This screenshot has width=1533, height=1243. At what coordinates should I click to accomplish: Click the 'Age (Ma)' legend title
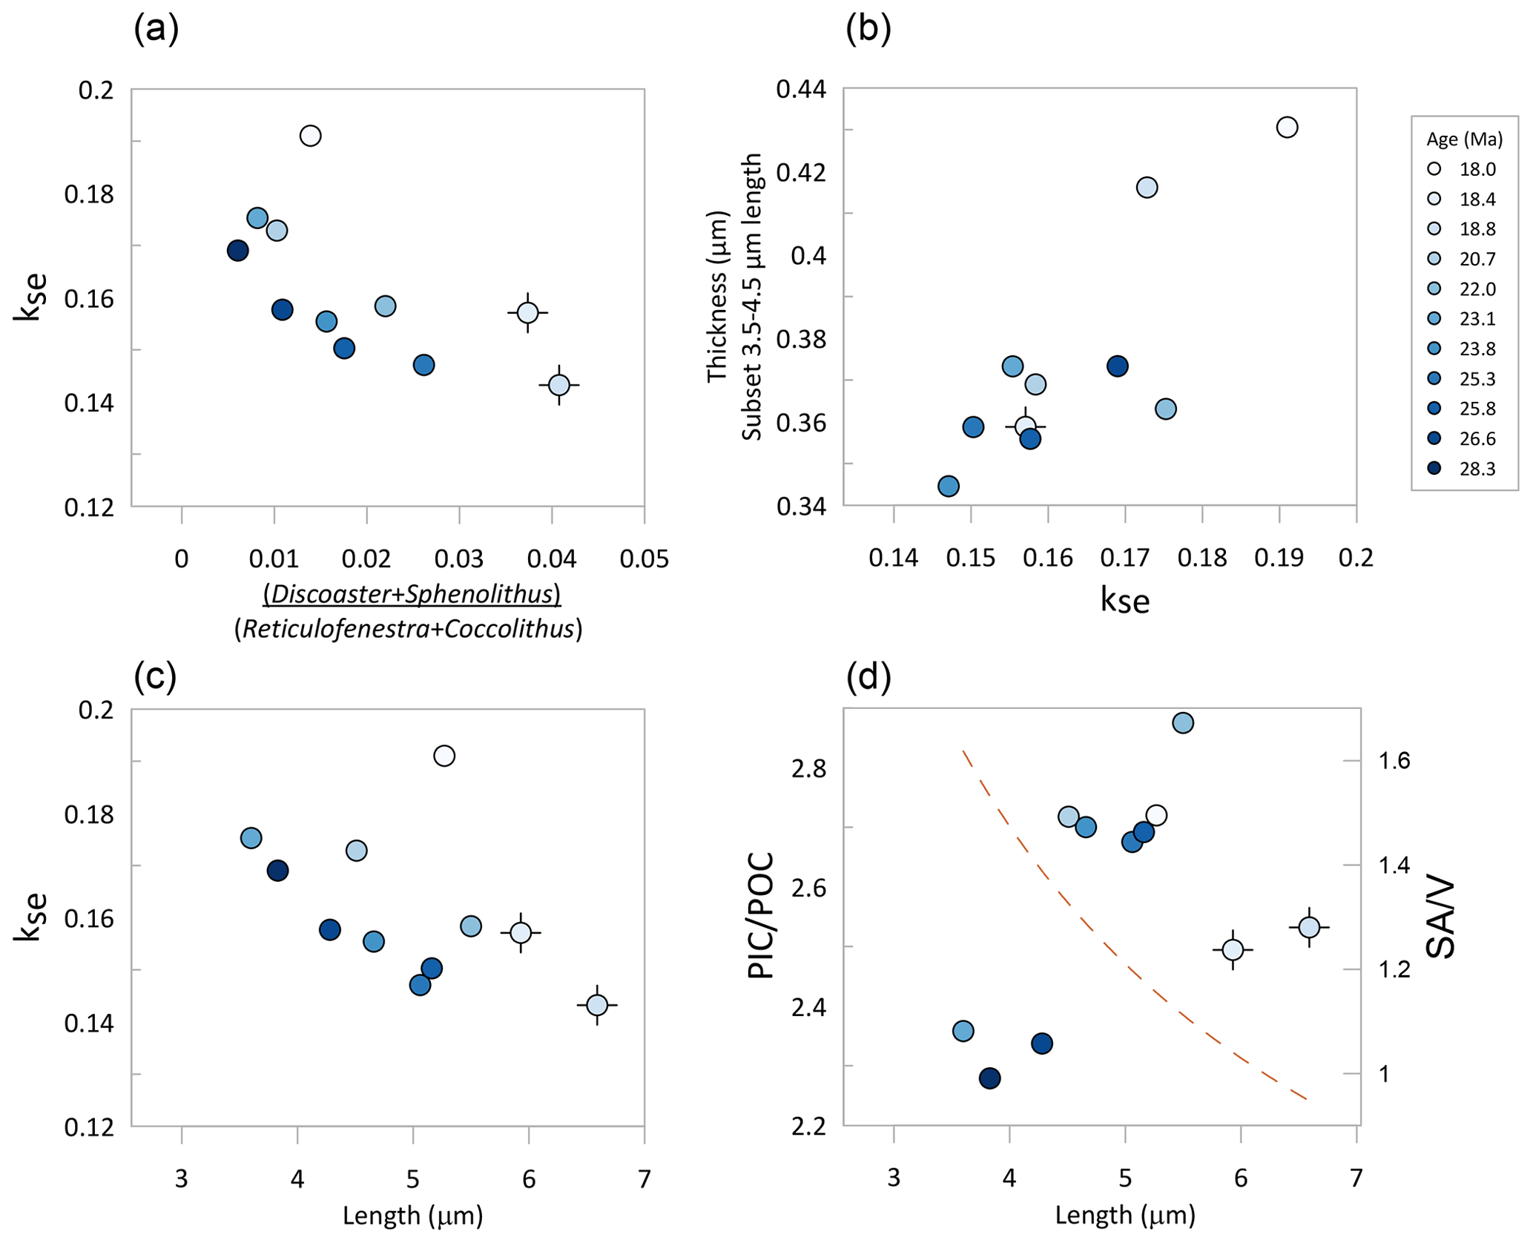[x=1464, y=139]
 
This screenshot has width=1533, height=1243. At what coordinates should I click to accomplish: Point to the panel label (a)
[x=156, y=30]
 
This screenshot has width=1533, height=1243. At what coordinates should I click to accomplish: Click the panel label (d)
[x=868, y=676]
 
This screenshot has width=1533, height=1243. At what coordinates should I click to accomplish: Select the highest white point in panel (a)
[x=310, y=136]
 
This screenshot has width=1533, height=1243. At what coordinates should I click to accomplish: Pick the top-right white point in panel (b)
[x=1287, y=128]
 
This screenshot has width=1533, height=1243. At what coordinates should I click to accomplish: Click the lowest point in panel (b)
[x=949, y=487]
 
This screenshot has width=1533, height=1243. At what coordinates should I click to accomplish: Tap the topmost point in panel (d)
[x=1183, y=722]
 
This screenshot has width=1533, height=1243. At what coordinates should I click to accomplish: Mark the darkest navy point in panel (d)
[x=989, y=1078]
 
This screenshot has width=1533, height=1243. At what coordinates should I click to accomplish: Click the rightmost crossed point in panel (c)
[x=597, y=1005]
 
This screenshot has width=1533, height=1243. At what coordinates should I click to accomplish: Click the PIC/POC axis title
[x=761, y=916]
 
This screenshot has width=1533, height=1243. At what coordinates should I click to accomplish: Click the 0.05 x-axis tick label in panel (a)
[x=644, y=558]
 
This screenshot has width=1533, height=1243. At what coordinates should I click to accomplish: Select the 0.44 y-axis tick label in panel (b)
[x=801, y=90]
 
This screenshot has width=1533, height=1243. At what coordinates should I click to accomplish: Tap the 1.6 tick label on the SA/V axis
[x=1394, y=761]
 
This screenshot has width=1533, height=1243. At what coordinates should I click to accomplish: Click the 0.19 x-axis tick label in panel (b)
[x=1279, y=558]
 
